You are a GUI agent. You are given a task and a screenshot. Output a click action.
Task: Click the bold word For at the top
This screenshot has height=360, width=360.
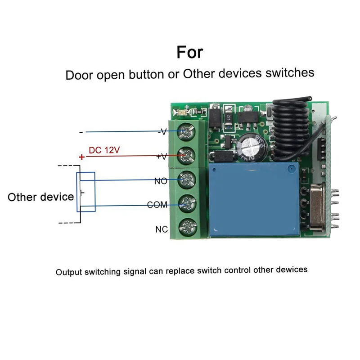[x=189, y=52]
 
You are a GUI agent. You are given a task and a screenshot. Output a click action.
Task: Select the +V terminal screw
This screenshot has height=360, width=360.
[x=185, y=156]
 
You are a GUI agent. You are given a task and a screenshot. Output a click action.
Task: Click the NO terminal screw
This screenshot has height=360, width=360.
[x=185, y=180]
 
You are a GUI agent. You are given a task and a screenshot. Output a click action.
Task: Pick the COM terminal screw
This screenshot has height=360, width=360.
[x=185, y=205]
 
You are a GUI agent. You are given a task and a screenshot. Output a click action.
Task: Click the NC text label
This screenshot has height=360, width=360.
[x=162, y=229]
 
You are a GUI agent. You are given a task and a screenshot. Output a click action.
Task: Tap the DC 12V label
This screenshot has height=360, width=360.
[x=104, y=150]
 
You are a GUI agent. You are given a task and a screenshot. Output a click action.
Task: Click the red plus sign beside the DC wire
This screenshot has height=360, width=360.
[x=81, y=157]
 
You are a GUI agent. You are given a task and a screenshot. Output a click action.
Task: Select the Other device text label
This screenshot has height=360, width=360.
[x=40, y=197]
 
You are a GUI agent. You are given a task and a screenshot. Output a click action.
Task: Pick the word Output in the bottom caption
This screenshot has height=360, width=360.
[x=69, y=272]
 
